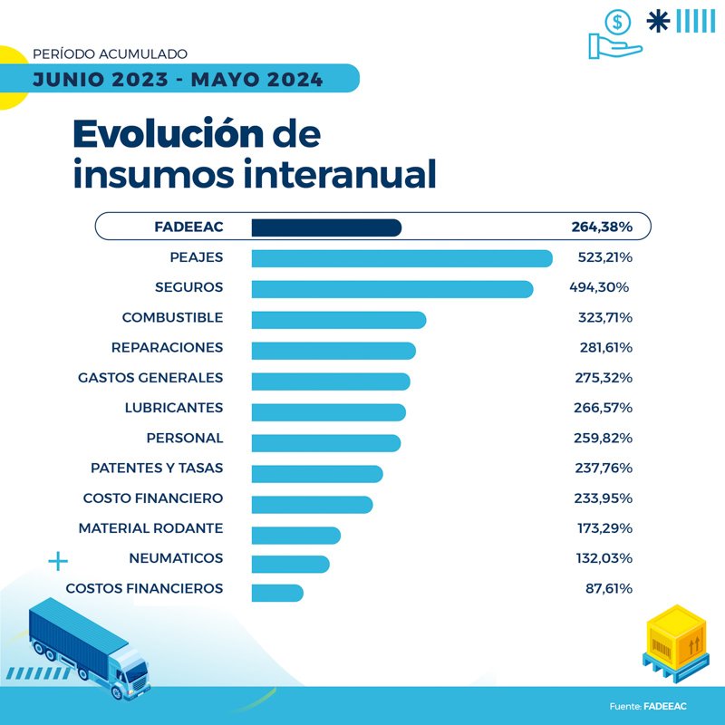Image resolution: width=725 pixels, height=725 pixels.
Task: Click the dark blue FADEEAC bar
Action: [326, 227]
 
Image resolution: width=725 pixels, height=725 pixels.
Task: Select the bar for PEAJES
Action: [401, 258]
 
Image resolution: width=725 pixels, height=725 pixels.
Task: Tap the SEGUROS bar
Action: [391, 288]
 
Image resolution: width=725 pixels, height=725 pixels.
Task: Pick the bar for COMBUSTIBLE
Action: [338, 319]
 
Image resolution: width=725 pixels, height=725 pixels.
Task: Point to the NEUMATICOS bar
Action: [290, 564]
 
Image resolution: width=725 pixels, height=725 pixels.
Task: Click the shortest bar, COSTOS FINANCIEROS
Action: [277, 594]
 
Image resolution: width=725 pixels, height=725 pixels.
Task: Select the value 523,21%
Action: [604, 257]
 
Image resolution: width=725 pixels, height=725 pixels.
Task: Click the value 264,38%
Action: [601, 227]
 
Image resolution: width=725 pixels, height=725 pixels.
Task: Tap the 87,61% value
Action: [609, 588]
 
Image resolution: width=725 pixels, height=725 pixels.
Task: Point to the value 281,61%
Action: [605, 347]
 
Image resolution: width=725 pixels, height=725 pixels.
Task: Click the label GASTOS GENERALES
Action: [150, 377]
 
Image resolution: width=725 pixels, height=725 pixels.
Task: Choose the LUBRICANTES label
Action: [174, 408]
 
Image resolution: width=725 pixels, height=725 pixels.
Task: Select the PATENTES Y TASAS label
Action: [157, 468]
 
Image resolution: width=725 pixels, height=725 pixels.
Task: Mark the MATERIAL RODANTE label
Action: [150, 527]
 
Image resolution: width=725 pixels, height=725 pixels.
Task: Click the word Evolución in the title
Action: [168, 135]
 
